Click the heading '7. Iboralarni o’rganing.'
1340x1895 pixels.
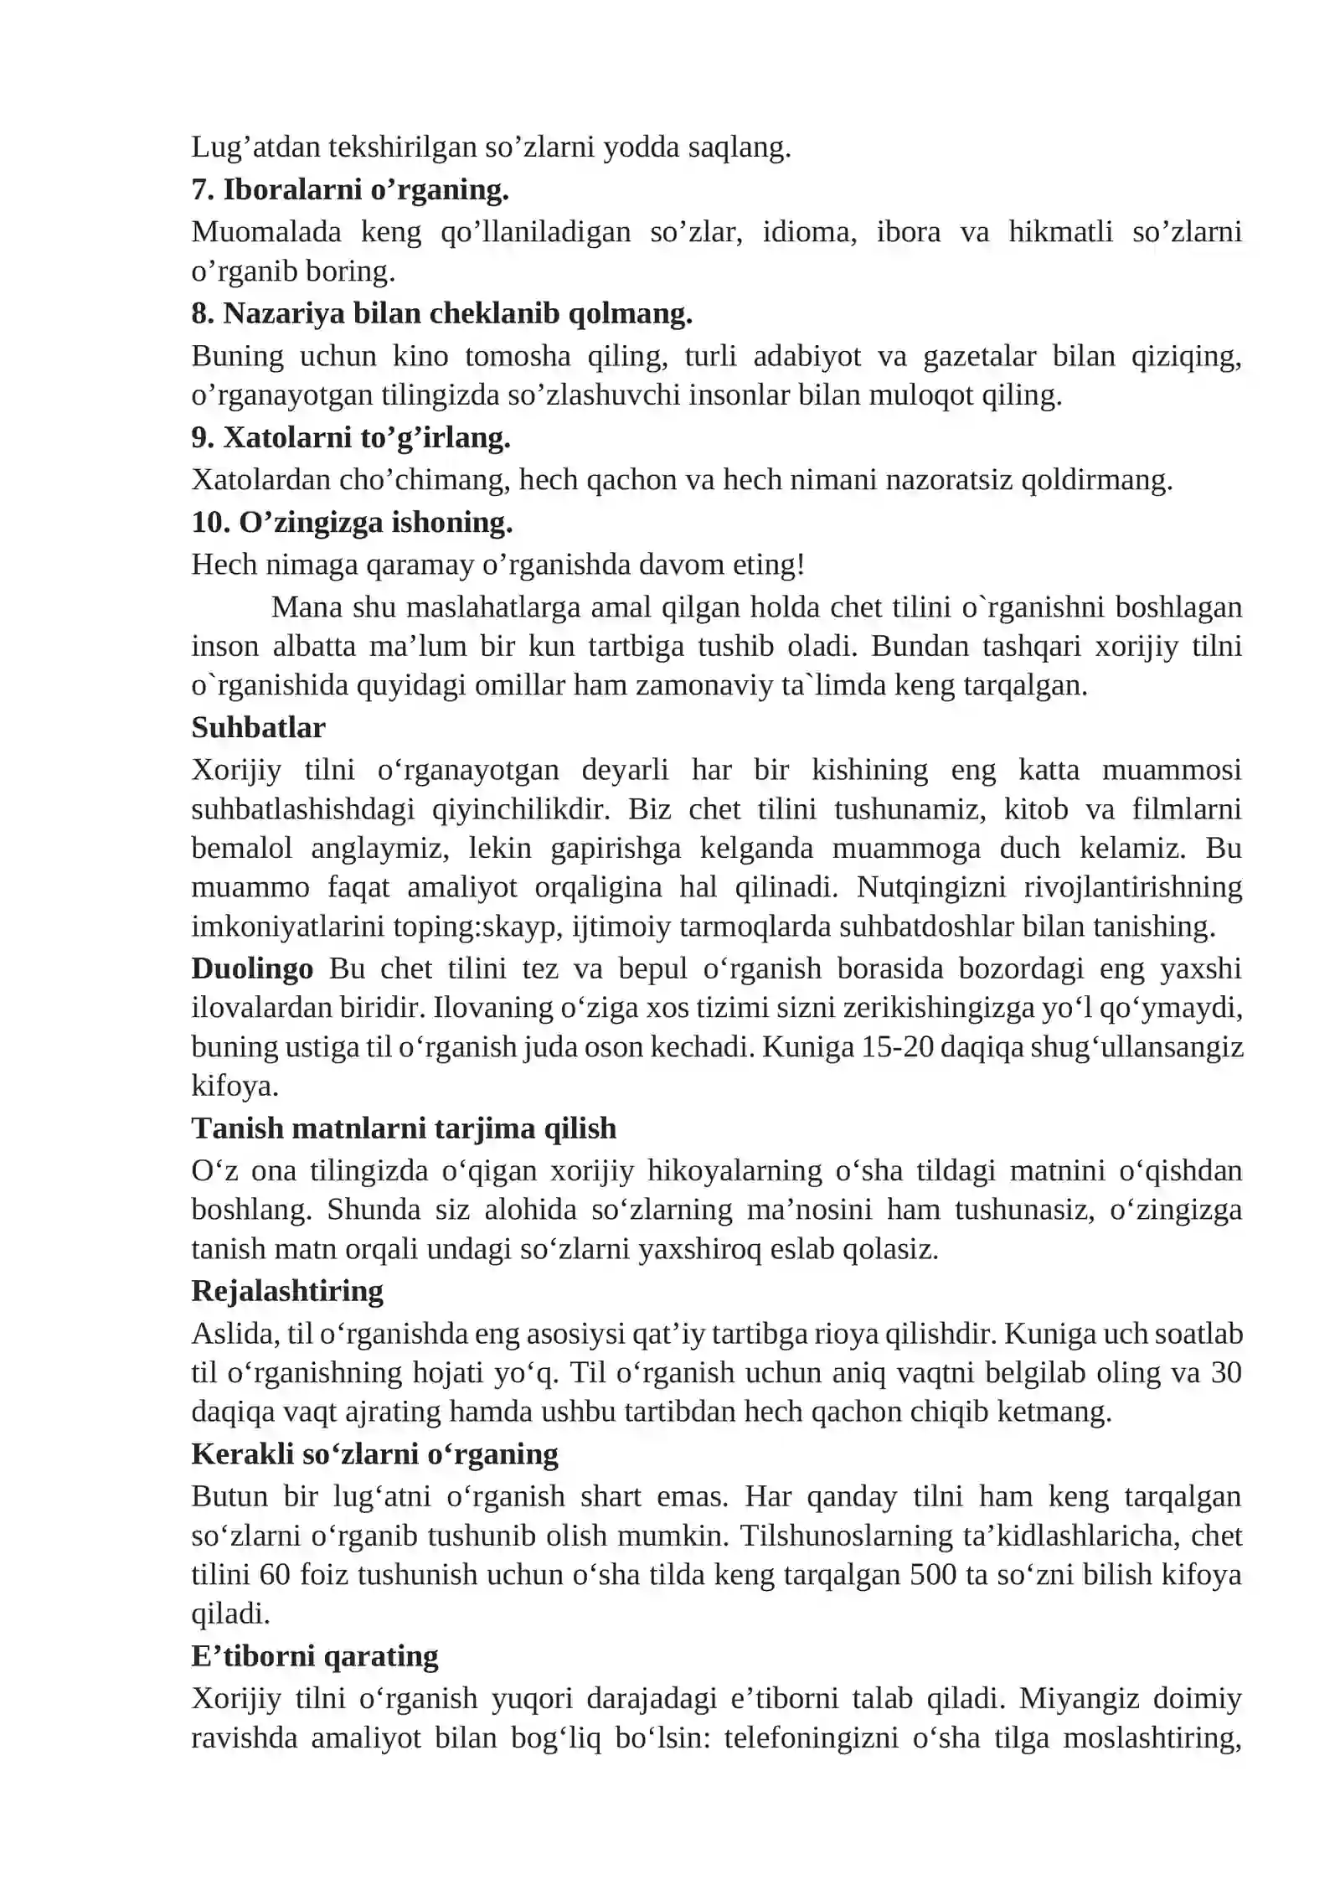[x=349, y=190]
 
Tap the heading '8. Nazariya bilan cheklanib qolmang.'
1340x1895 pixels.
[x=441, y=313]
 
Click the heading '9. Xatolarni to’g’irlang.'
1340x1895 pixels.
[x=350, y=437]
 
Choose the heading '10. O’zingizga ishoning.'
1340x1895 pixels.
[x=352, y=522]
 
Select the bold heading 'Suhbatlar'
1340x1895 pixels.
[x=258, y=727]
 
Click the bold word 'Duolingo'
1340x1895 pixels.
[x=252, y=968]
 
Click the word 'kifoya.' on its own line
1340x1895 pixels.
[x=234, y=1086]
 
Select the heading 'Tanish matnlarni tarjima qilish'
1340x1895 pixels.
[x=403, y=1128]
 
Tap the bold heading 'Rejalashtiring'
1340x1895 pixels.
[x=287, y=1291]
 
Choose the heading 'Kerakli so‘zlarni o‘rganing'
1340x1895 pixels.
[x=374, y=1454]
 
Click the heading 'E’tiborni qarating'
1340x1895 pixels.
[x=315, y=1655]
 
